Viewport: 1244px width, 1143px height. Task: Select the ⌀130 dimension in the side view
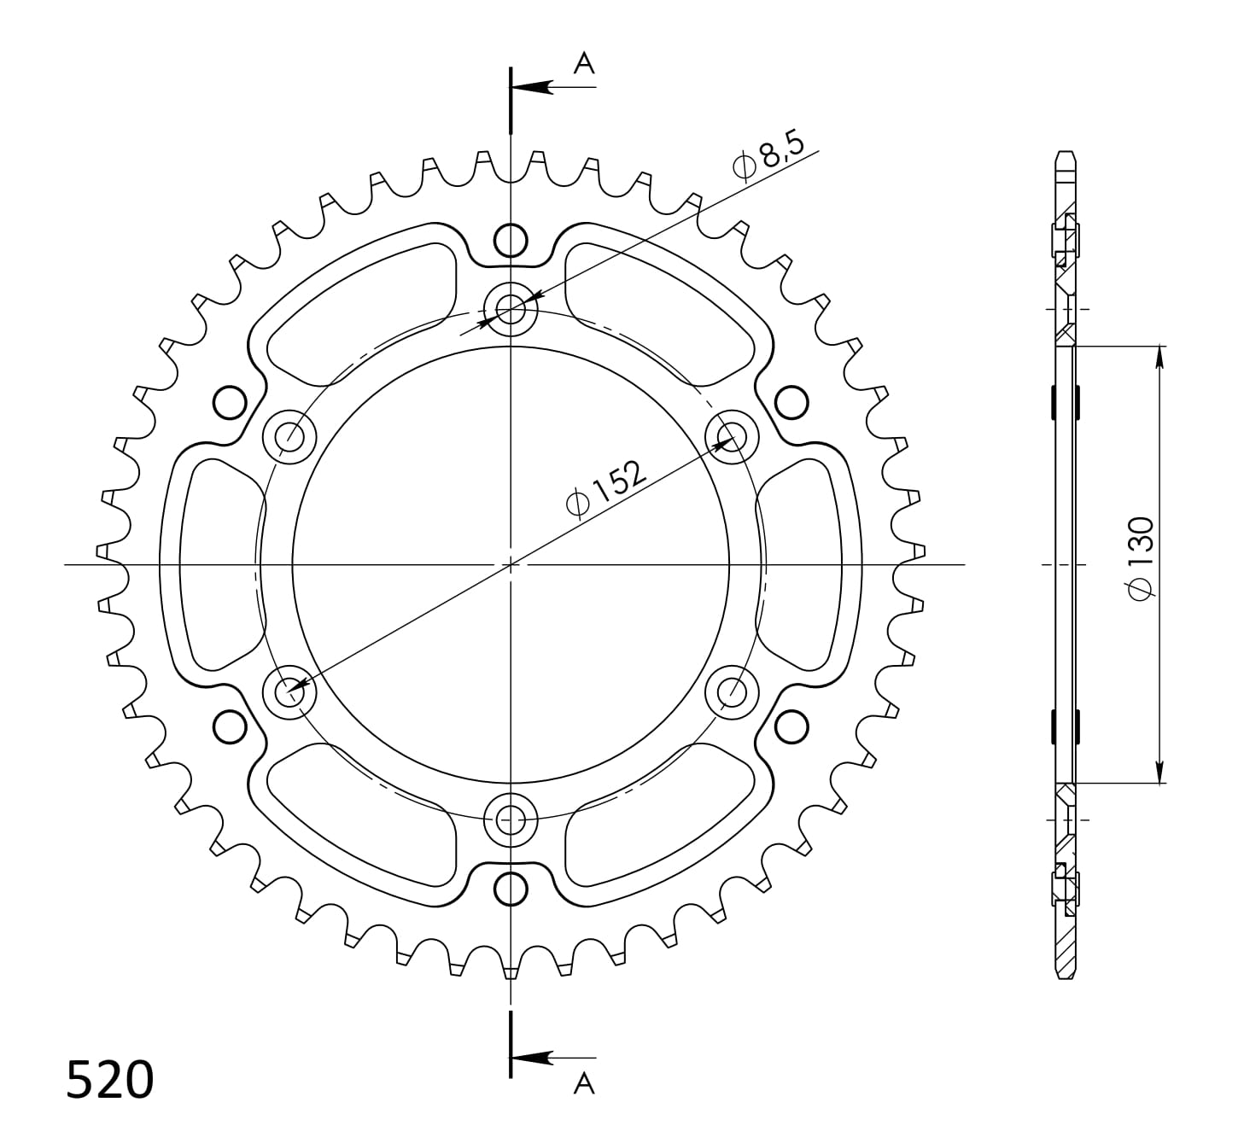[x=1141, y=559]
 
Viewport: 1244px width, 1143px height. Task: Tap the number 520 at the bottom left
[x=110, y=1080]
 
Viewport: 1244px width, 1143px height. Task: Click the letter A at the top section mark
[x=583, y=63]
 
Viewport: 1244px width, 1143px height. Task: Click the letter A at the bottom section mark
[x=583, y=1083]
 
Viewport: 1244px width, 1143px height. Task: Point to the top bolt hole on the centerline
[x=511, y=308]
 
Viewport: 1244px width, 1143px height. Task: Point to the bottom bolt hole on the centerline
[x=511, y=820]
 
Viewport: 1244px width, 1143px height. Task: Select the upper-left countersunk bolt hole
[x=289, y=436]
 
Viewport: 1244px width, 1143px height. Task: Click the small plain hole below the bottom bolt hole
[x=511, y=889]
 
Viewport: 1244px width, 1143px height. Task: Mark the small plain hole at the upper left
[x=229, y=402]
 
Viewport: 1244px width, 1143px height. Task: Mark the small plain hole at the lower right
[x=791, y=726]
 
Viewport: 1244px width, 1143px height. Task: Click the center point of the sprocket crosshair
[x=511, y=564]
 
